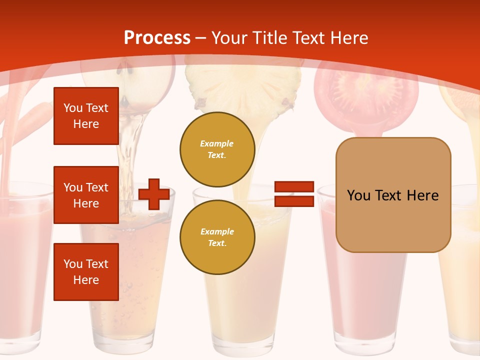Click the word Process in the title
(157, 37)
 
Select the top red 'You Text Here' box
(86, 116)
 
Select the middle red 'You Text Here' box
(86, 195)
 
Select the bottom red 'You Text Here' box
(86, 272)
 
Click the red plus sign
(154, 194)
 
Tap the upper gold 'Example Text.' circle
(217, 149)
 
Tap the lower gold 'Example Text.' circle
(217, 237)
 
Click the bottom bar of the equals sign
(294, 201)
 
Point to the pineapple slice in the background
(243, 87)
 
